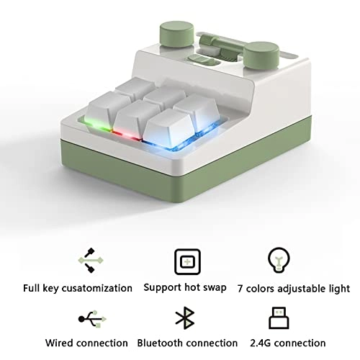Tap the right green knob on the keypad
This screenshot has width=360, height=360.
coord(261,57)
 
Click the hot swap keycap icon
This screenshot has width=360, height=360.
coord(187,261)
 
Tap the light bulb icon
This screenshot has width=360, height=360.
coord(279,260)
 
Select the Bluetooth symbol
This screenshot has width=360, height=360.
coord(185,318)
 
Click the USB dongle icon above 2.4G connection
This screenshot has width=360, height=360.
coord(279,318)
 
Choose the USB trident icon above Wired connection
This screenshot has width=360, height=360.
coord(92,319)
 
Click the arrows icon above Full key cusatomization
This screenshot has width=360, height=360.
coord(91,260)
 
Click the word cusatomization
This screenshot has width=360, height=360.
coord(97,288)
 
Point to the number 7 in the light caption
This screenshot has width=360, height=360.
coord(240,289)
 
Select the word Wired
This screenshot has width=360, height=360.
coord(59,343)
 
